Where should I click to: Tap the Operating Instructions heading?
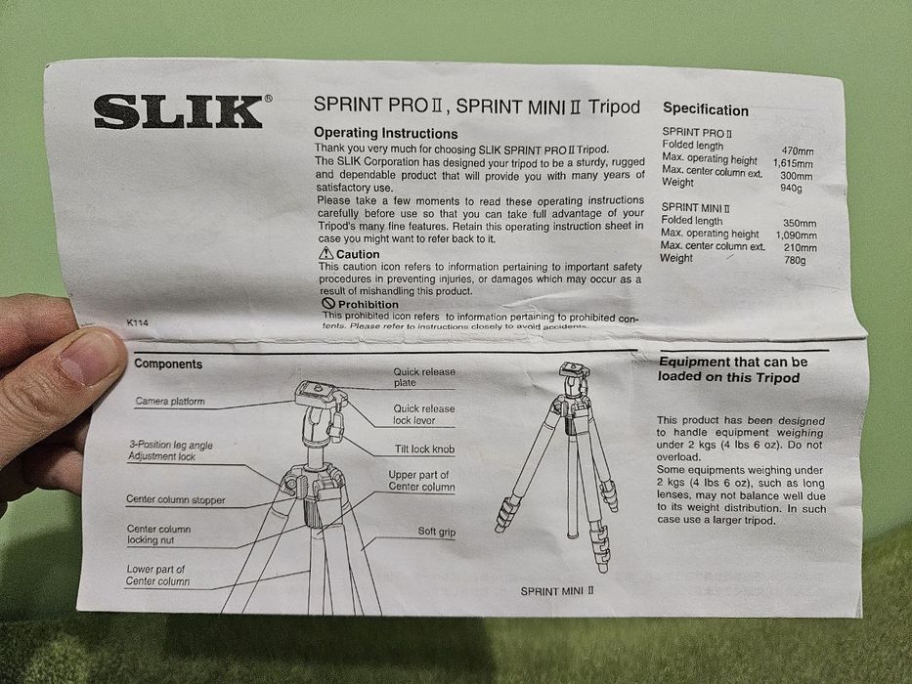(385, 133)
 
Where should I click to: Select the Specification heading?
(705, 110)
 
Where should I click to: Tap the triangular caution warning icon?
(326, 253)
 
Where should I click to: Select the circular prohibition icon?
(328, 304)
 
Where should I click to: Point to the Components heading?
(168, 363)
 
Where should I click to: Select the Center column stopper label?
(175, 500)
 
